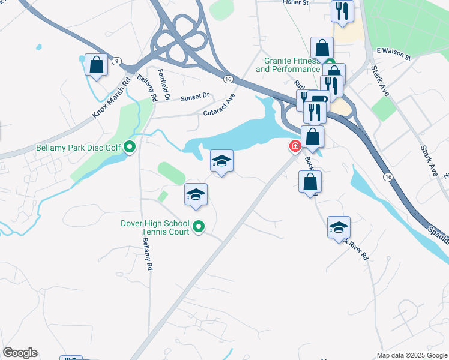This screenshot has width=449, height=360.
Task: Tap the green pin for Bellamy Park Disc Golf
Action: click(129, 147)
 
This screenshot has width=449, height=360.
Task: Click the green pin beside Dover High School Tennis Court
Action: click(199, 227)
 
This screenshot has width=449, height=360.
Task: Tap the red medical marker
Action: click(295, 146)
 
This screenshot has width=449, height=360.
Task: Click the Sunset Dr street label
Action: click(195, 96)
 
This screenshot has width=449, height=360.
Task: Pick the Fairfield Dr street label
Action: click(164, 85)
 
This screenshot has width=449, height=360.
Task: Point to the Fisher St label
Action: click(295, 3)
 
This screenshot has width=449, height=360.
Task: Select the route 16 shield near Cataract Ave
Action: click(228, 79)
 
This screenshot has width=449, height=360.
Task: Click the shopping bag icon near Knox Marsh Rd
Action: click(96, 65)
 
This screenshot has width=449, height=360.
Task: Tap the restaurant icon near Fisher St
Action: click(342, 11)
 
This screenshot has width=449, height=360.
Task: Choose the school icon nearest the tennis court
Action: click(196, 194)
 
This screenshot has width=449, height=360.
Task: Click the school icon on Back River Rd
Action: click(339, 227)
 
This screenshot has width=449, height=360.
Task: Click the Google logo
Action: click(20, 353)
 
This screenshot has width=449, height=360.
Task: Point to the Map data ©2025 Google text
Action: click(411, 355)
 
